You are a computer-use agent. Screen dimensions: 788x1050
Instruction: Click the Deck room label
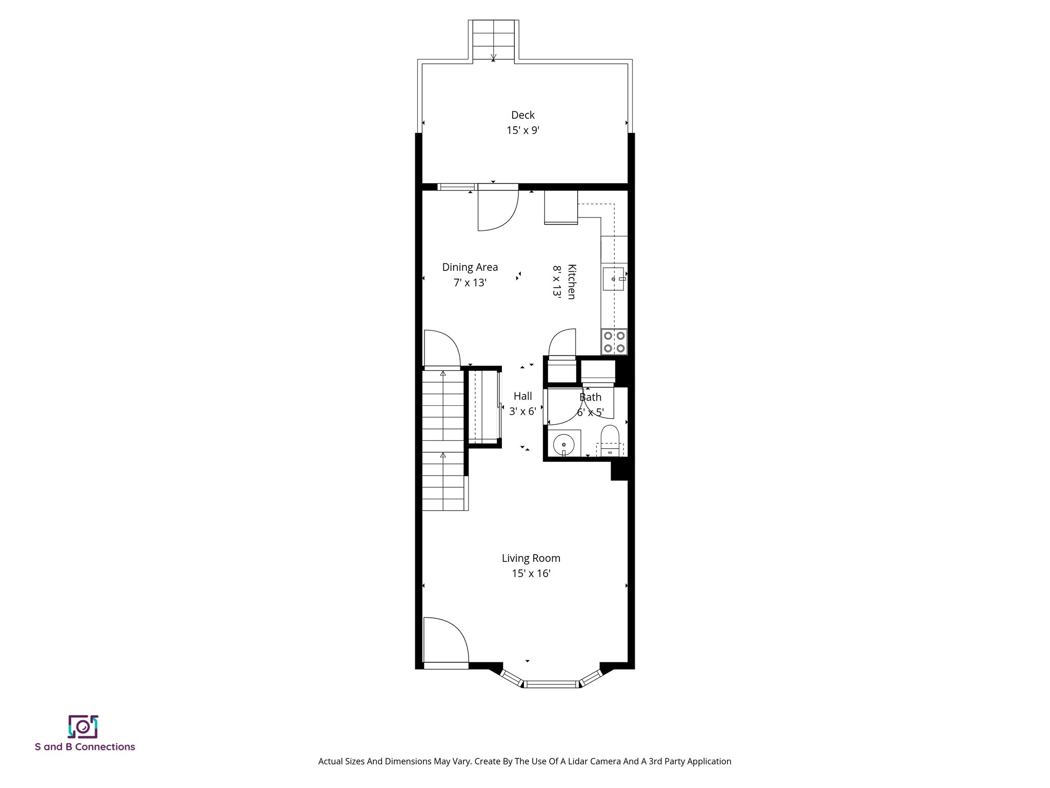(x=522, y=115)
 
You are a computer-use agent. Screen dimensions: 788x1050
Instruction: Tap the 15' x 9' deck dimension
(x=522, y=130)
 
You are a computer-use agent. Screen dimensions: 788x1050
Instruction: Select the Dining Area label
(x=470, y=267)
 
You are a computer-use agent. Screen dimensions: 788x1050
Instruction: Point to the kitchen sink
(x=613, y=279)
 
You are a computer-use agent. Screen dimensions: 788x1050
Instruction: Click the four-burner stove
(x=614, y=342)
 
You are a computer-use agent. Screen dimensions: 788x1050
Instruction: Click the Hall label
(x=522, y=396)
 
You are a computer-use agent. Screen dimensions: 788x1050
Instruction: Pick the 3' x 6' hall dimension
(x=522, y=411)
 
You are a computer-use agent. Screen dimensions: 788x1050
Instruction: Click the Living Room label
(x=531, y=558)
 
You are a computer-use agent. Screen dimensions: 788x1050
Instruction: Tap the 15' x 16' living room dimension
(x=531, y=574)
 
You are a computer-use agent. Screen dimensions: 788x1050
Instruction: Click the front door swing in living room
(x=445, y=641)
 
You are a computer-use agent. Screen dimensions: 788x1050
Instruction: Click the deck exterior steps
(x=493, y=40)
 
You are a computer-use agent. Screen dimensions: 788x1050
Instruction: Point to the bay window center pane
(x=551, y=684)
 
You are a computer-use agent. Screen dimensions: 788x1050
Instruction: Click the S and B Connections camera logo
(x=83, y=726)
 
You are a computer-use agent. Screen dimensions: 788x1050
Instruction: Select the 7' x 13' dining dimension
(x=470, y=283)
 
